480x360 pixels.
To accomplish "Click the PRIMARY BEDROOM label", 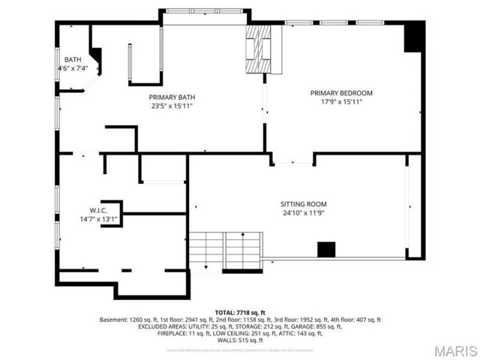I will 341,93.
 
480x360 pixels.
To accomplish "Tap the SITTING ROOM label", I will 303,204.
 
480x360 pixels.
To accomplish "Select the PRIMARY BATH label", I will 172,97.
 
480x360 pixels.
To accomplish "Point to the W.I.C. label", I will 99,211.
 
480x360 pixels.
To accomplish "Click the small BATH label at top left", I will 73,59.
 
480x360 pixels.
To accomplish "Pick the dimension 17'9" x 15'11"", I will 341,101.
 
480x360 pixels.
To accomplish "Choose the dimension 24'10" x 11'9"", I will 303,213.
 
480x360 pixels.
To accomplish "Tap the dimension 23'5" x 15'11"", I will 172,106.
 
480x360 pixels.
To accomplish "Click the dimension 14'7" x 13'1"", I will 99,219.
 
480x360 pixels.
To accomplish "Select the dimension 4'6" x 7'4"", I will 73,68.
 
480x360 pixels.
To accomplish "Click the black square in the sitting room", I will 326,249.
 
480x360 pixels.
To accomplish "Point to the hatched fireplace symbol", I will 258,50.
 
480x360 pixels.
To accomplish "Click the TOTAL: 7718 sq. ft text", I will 240,313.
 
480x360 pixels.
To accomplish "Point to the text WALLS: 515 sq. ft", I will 240,340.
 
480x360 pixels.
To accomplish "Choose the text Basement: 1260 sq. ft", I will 126,319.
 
